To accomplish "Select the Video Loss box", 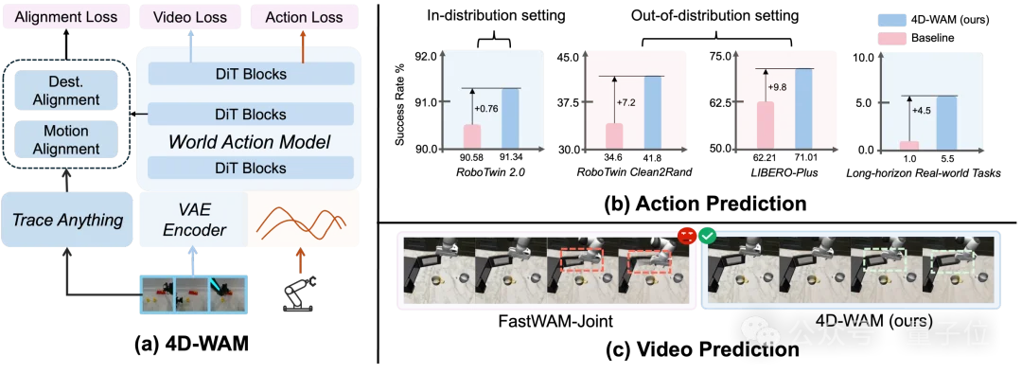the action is click(x=190, y=18).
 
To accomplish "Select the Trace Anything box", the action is click(x=68, y=220).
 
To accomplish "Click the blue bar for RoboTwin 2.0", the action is click(x=510, y=118).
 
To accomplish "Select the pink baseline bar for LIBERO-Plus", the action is click(x=765, y=126).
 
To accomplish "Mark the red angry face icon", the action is click(x=685, y=235).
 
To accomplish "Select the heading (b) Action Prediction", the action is click(x=692, y=203).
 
